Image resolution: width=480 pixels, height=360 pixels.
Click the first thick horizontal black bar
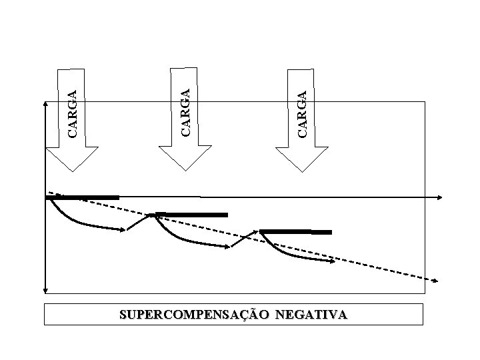pyautogui.click(x=83, y=197)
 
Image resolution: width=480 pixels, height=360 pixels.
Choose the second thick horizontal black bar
pyautogui.click(x=191, y=215)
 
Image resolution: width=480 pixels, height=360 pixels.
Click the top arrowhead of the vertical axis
pyautogui.click(x=45, y=104)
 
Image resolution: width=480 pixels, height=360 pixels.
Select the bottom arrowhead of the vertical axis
pyautogui.click(x=45, y=290)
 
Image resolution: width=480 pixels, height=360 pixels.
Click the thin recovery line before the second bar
pyautogui.click(x=139, y=222)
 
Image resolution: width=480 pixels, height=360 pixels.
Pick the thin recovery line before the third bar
pyautogui.click(x=244, y=239)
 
